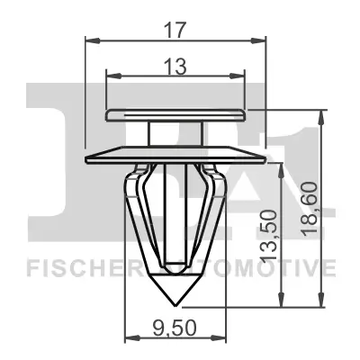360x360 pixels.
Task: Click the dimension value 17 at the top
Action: pos(176,29)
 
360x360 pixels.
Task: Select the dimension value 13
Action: pos(175,65)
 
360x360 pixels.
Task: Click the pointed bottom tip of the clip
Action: pos(175,302)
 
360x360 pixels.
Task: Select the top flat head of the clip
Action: pos(176,113)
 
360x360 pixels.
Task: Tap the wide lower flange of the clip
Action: pos(176,156)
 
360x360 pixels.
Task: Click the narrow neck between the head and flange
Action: pos(176,133)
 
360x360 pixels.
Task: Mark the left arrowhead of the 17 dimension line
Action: pos(90,40)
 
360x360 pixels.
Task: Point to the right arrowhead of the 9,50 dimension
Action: pos(226,338)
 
